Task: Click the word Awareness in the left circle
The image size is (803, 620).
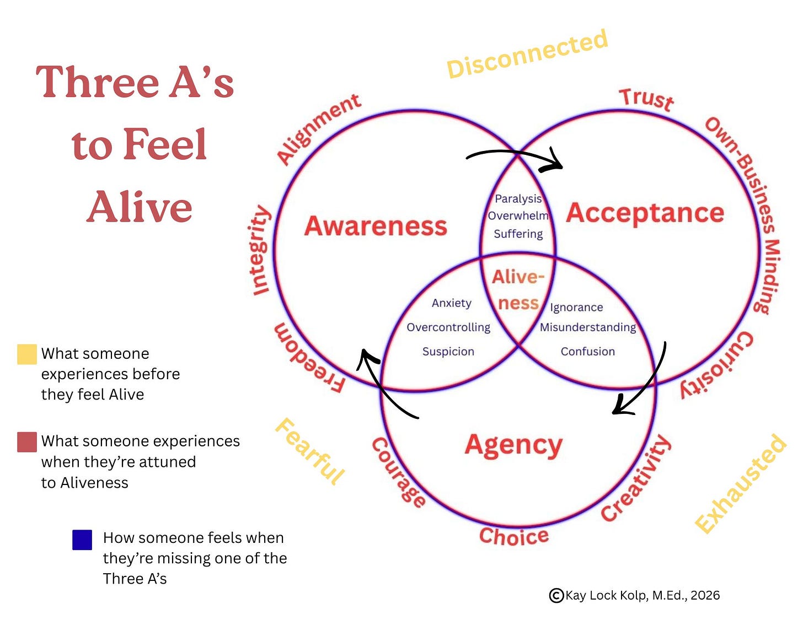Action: pyautogui.click(x=376, y=226)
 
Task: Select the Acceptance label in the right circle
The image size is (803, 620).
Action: pyautogui.click(x=645, y=213)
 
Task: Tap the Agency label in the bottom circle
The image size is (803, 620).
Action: pyautogui.click(x=513, y=445)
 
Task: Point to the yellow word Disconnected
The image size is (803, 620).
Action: pyautogui.click(x=527, y=53)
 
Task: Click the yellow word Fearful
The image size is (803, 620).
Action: pyautogui.click(x=310, y=451)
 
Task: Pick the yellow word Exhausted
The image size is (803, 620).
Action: pyautogui.click(x=741, y=484)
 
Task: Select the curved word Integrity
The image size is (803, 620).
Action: pyautogui.click(x=259, y=250)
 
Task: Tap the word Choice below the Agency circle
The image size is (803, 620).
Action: pyautogui.click(x=513, y=536)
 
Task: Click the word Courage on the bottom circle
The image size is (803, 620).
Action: pyautogui.click(x=398, y=473)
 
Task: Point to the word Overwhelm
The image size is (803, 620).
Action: pyautogui.click(x=518, y=215)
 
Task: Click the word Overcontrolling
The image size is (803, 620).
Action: pyautogui.click(x=448, y=327)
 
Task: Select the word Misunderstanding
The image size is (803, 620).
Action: pyautogui.click(x=588, y=327)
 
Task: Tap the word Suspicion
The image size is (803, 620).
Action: pyautogui.click(x=448, y=352)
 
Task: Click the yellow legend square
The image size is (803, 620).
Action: pyautogui.click(x=27, y=354)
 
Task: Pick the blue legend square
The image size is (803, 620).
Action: pyautogui.click(x=82, y=540)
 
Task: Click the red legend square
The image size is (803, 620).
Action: pyautogui.click(x=27, y=442)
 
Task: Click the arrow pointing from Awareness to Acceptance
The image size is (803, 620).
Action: pyautogui.click(x=516, y=156)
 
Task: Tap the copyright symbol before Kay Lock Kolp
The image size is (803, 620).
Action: pyautogui.click(x=556, y=595)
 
